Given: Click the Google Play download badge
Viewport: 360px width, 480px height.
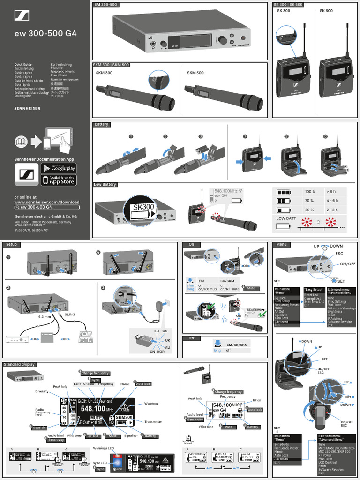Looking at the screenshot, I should click(58, 168).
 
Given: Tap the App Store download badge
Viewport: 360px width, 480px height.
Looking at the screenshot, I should click(58, 180).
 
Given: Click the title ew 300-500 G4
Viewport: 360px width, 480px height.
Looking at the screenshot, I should click(45, 34).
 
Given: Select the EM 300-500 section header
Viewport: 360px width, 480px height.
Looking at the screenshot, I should click(106, 5).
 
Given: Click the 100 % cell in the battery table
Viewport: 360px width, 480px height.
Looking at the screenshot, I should click(310, 192).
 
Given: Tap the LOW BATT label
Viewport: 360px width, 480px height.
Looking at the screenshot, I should click(286, 218).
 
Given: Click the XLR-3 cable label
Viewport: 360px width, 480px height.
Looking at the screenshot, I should click(70, 315).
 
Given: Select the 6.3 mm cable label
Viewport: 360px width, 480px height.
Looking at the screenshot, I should click(44, 316).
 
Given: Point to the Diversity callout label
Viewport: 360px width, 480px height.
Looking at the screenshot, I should click(42, 391).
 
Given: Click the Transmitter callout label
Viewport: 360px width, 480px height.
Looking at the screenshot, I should click(153, 422).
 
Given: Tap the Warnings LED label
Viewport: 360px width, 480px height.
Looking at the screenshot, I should click(104, 448).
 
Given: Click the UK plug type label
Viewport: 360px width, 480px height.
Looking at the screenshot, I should click(167, 339).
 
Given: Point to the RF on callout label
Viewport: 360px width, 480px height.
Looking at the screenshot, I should click(257, 400).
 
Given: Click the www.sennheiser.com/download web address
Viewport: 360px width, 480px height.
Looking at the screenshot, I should click(47, 202).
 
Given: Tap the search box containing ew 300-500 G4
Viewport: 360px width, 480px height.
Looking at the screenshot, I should click(47, 207).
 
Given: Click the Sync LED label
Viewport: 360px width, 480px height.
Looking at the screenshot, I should click(99, 463).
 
